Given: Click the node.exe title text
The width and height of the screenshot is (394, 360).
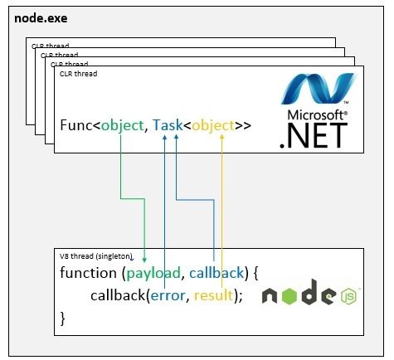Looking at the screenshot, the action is coord(41,18).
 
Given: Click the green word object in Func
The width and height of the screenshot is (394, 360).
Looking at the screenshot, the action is coord(122,126).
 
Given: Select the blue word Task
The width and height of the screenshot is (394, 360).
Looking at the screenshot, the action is coord(168,125).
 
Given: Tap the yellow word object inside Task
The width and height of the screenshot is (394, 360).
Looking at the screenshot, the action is coord(213,126).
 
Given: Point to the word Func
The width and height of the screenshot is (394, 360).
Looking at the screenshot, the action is coord(76,125).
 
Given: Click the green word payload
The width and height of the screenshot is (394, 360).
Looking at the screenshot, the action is coord(153,274).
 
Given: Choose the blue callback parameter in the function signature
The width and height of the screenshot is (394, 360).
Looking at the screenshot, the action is coord(216,273).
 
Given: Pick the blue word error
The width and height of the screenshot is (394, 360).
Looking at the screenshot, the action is coord(168,296).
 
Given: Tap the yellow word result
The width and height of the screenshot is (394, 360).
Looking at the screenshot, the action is coord(213,295).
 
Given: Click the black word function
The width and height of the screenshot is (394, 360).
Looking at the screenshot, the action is coord(88,273).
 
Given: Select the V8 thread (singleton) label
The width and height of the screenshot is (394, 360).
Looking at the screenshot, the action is coord(96,256).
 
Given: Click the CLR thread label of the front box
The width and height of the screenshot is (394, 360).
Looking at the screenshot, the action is coord(78,74).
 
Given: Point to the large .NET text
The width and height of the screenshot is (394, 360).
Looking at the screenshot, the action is coord(314,135).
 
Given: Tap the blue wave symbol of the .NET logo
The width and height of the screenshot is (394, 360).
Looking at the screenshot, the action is coord(318,89).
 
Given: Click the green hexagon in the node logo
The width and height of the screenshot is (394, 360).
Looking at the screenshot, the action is coord(289,296).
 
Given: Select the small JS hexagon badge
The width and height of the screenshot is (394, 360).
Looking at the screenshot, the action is coord(348,296).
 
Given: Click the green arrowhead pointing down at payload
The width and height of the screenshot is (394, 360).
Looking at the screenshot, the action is coord(144,260).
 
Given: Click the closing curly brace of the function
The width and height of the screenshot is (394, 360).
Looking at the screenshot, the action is coord(63,319).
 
